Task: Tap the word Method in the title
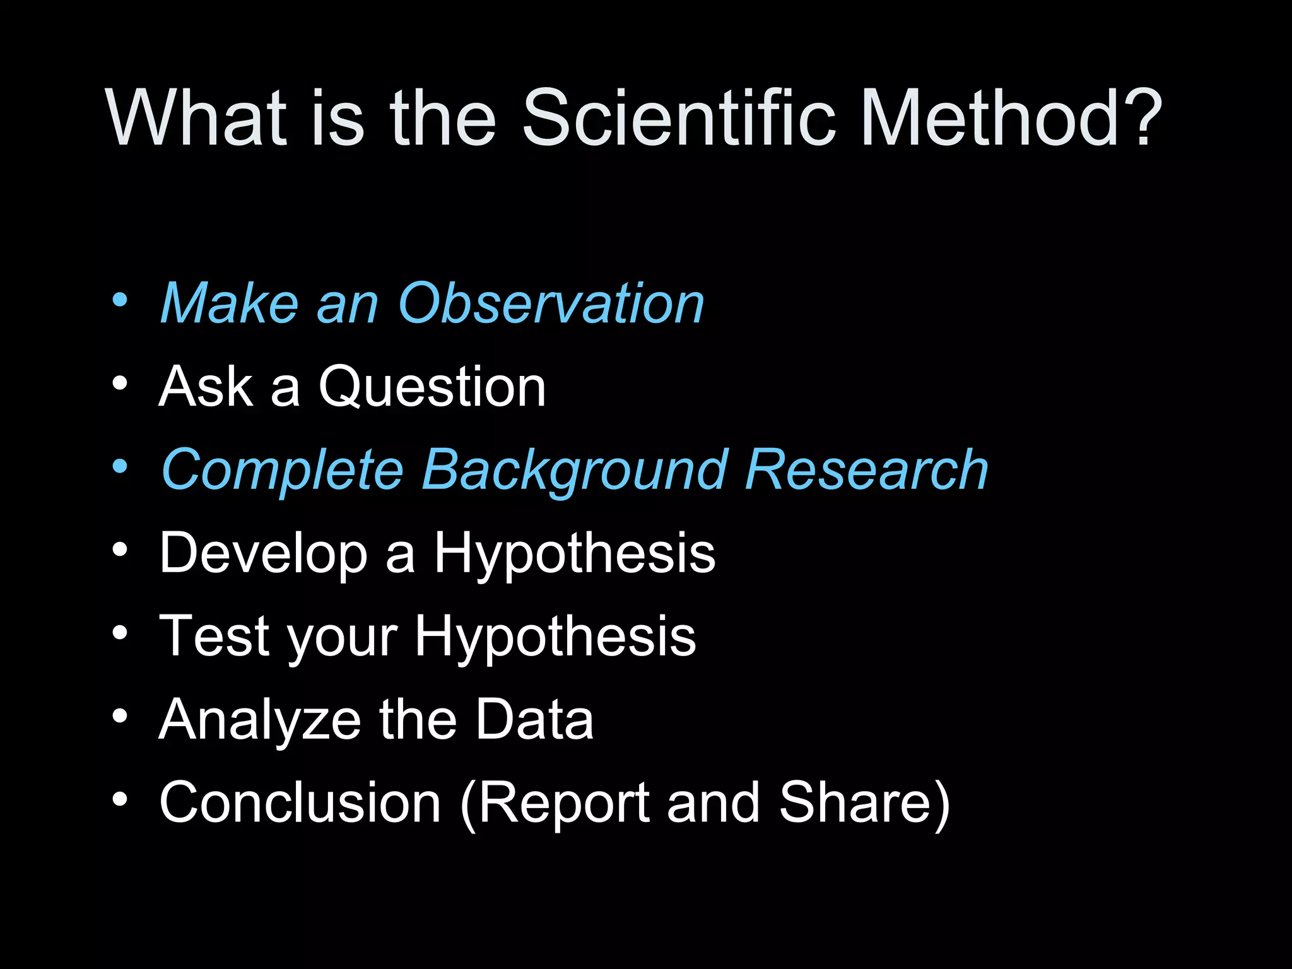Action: click(x=990, y=117)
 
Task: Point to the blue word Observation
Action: click(x=551, y=303)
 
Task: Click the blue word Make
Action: click(x=229, y=303)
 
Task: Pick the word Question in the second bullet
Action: click(x=432, y=387)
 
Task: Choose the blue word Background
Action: click(x=575, y=471)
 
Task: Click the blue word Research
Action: click(x=867, y=470)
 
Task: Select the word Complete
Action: click(x=283, y=471)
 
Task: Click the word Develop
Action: click(x=264, y=554)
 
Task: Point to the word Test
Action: click(x=214, y=636)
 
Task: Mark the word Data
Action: click(x=534, y=719)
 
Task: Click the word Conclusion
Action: click(x=300, y=802)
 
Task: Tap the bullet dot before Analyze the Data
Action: click(x=120, y=715)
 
